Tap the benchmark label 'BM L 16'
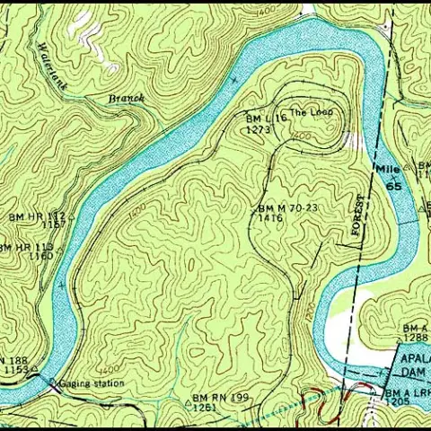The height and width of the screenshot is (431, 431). click(265, 118)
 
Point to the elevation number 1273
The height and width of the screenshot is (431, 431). click(259, 129)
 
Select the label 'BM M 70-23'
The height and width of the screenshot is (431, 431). click(288, 207)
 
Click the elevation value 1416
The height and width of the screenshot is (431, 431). click(270, 217)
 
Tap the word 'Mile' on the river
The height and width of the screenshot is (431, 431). click(387, 169)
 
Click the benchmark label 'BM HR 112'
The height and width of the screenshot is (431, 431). click(37, 217)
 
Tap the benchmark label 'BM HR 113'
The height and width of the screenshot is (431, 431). click(25, 246)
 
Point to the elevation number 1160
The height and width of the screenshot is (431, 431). click(40, 256)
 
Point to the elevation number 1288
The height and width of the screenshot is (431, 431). click(416, 338)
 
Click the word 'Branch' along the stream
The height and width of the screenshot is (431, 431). click(126, 97)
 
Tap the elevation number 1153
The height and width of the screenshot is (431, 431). click(16, 369)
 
